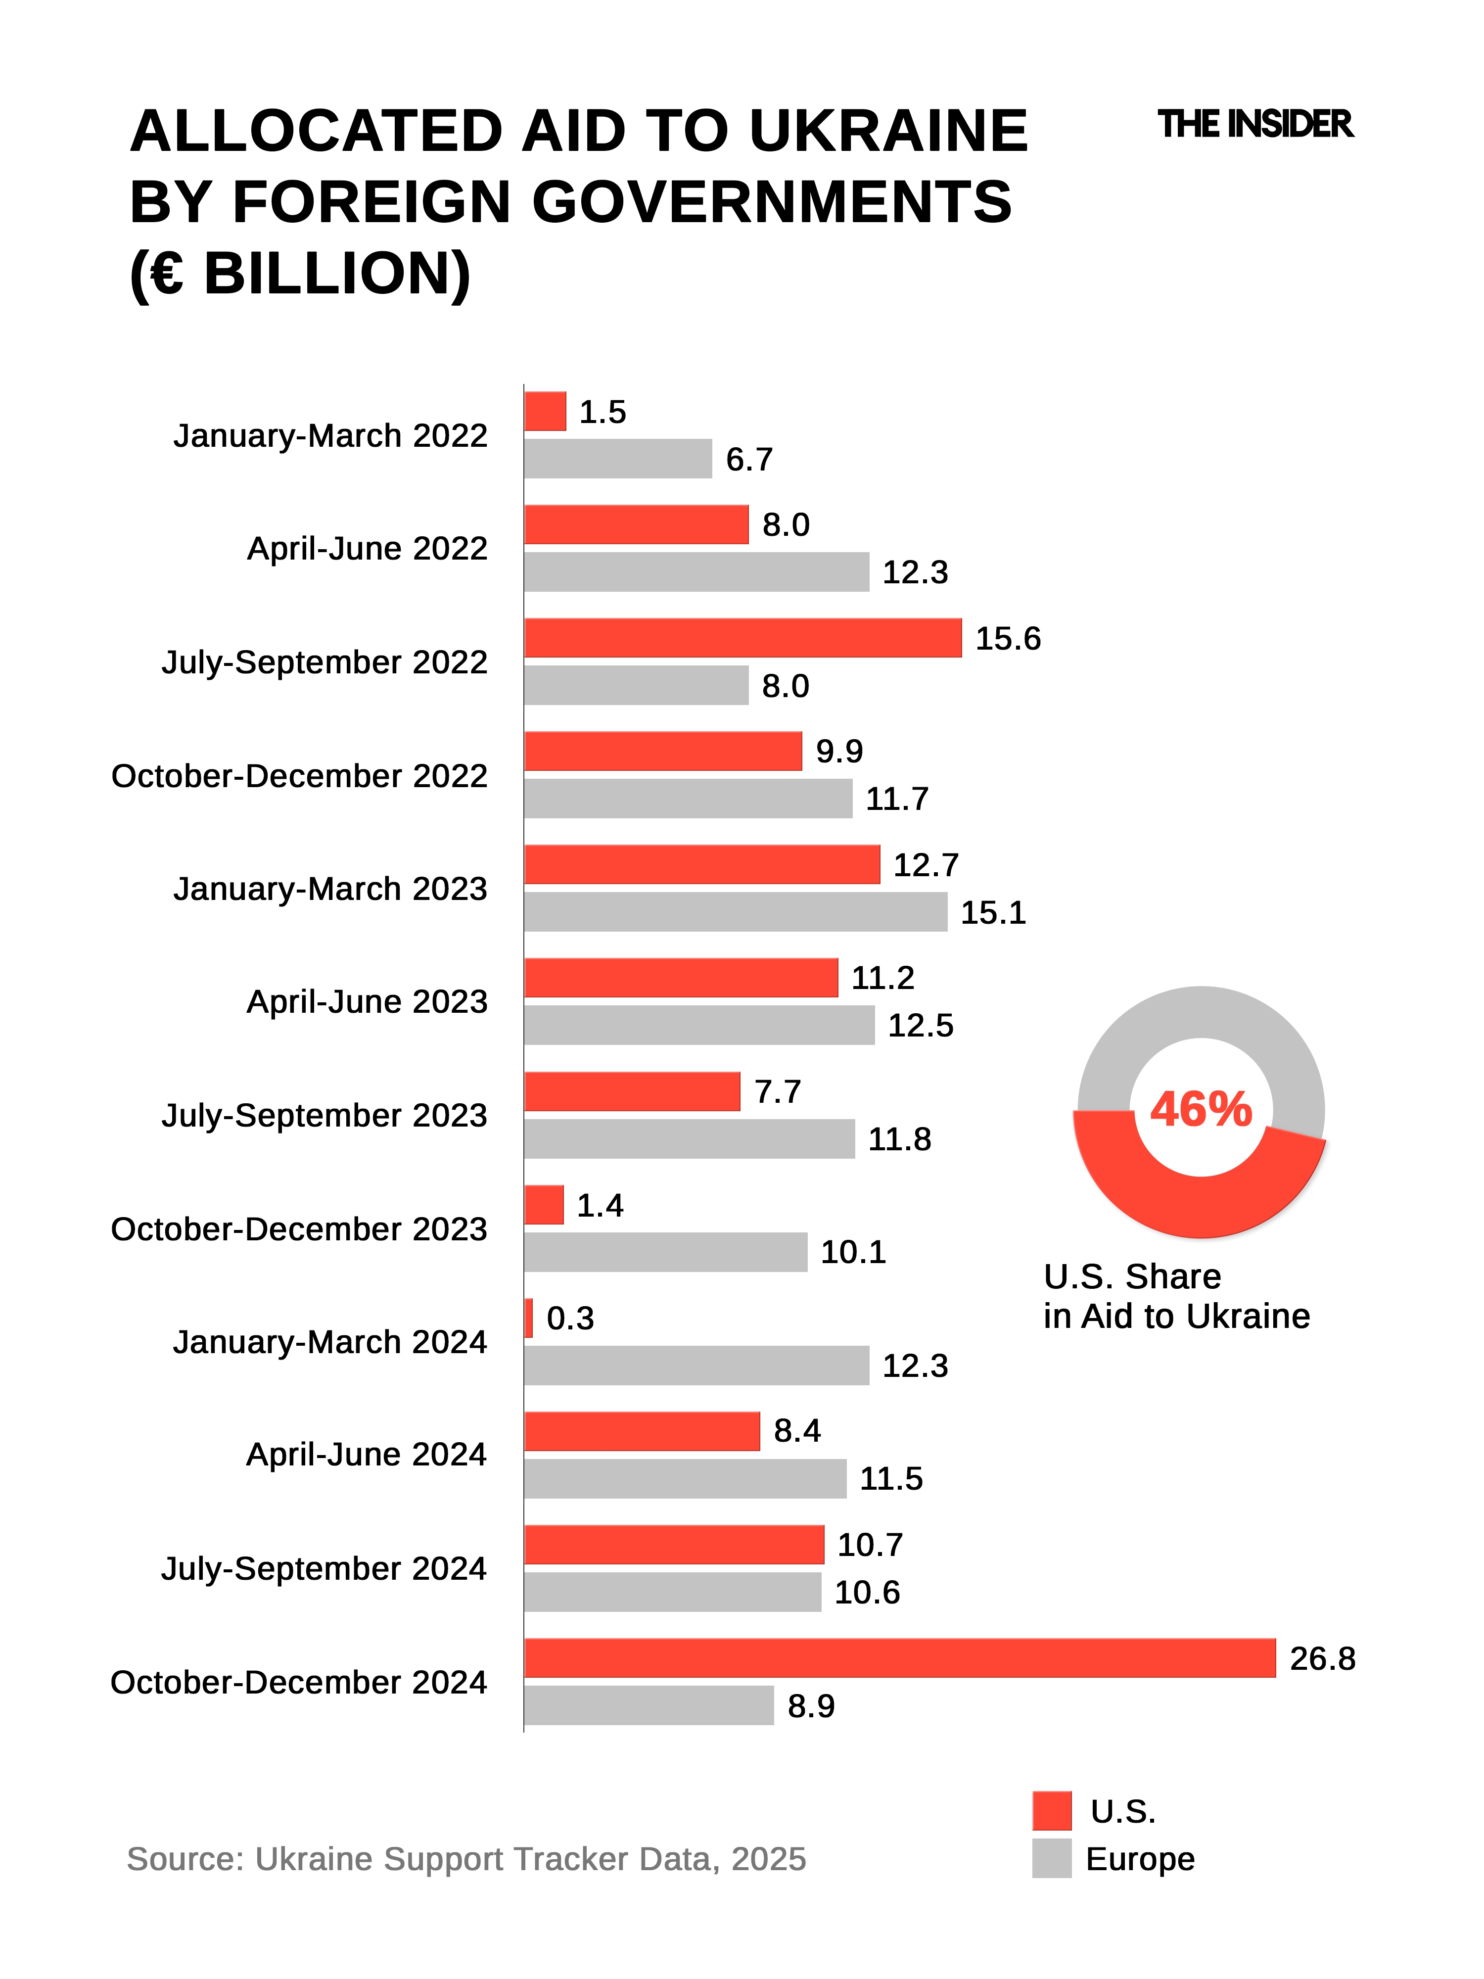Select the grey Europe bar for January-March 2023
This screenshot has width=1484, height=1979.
tap(735, 912)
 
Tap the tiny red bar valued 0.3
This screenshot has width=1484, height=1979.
tap(529, 1318)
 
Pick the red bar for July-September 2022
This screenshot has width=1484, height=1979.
tap(742, 638)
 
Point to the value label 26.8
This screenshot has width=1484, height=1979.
tap(1322, 1659)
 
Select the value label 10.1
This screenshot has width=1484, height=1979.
tap(852, 1252)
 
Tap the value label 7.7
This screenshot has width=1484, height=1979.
tap(777, 1091)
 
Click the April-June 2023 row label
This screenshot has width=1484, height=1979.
tap(367, 1001)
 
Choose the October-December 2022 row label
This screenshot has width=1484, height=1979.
tap(299, 776)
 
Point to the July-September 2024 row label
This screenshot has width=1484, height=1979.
tap(324, 1568)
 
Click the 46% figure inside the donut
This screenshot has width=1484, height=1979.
tap(1201, 1109)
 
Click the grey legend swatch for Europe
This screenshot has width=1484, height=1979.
tap(1051, 1858)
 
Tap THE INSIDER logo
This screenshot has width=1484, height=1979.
tap(1255, 124)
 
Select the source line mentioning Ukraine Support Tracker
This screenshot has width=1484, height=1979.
tap(466, 1858)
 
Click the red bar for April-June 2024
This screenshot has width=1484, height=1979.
tap(642, 1431)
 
